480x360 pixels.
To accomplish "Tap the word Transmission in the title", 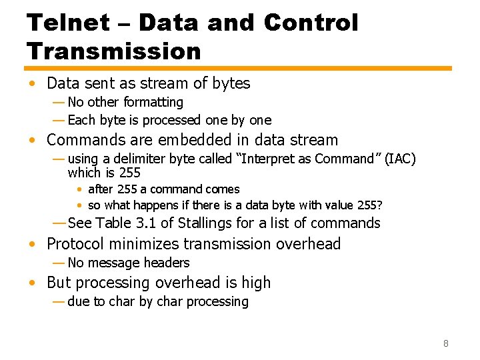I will [113, 51].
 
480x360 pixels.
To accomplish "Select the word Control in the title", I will [311, 23].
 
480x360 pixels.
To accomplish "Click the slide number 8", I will [446, 344].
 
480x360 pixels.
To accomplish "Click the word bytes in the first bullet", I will [231, 83].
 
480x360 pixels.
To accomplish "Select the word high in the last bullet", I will [256, 283].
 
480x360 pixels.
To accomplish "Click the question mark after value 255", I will [380, 205].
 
